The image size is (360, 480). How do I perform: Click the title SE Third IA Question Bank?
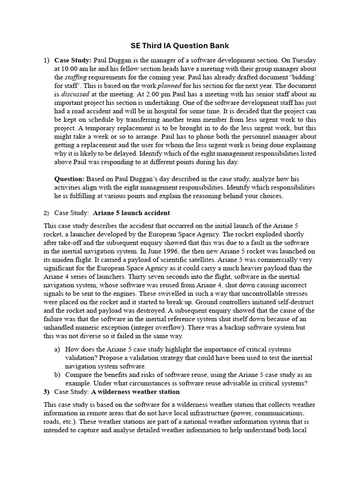click(x=180, y=45)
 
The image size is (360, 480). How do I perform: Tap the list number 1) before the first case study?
click(x=46, y=60)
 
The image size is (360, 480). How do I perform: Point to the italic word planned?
click(x=169, y=86)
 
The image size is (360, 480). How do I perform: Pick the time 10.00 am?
click(x=79, y=69)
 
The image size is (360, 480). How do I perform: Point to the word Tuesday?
click(x=303, y=60)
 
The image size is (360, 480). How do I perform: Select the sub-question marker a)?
click(x=58, y=350)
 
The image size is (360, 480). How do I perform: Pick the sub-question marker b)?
click(x=58, y=375)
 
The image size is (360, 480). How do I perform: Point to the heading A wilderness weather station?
click(x=135, y=391)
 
